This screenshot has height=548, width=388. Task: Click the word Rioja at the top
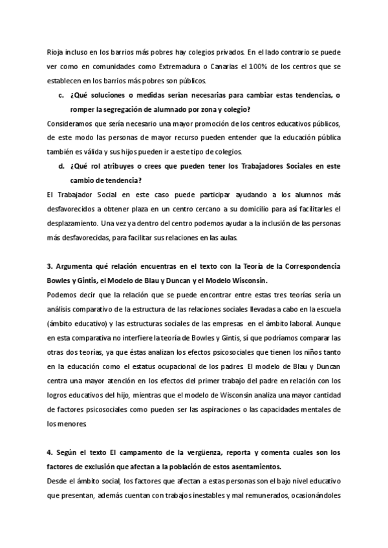56,52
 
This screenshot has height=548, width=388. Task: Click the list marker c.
61,96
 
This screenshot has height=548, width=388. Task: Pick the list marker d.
61,166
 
